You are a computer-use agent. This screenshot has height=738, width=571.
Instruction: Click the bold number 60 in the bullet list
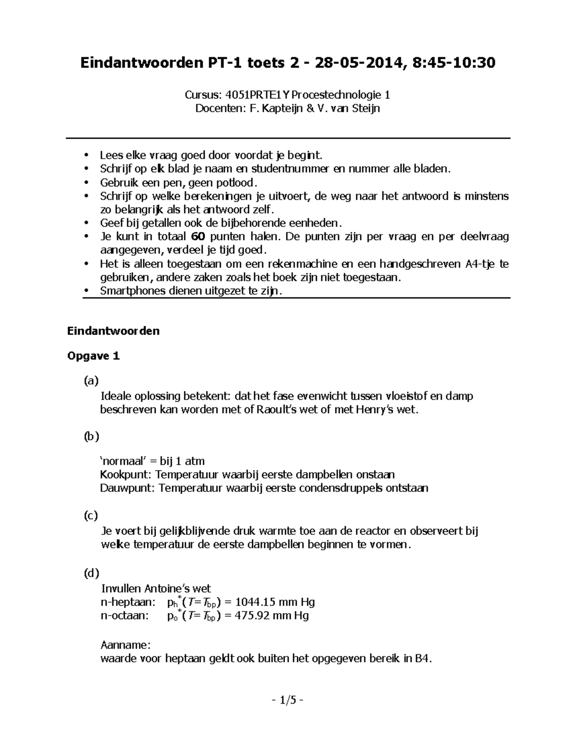coord(197,237)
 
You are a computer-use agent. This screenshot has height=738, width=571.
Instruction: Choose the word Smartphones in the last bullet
coord(133,291)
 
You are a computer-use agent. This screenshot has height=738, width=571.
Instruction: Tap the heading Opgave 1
coord(93,356)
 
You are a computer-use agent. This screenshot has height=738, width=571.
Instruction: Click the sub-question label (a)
coord(91,381)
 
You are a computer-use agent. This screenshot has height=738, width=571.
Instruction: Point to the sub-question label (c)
coord(90,516)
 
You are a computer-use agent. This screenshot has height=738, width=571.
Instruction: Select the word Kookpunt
coord(126,475)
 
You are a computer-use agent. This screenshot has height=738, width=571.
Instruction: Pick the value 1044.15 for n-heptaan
coord(256,603)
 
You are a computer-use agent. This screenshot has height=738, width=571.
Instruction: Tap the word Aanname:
coord(126,645)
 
